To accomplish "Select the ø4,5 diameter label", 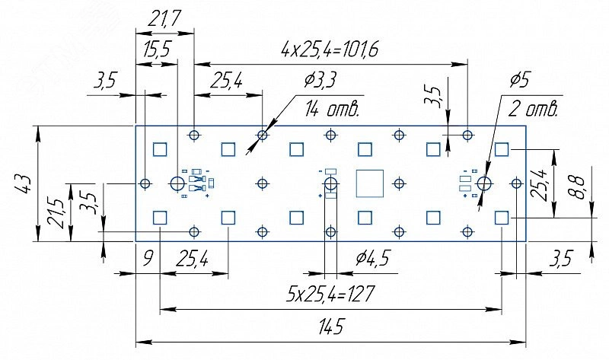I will (371, 260).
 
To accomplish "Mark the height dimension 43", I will (23, 183).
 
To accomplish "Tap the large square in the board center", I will (370, 183).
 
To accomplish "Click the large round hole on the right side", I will (483, 183).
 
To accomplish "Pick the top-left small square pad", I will (160, 149).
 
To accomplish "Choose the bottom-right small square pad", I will (501, 218).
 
